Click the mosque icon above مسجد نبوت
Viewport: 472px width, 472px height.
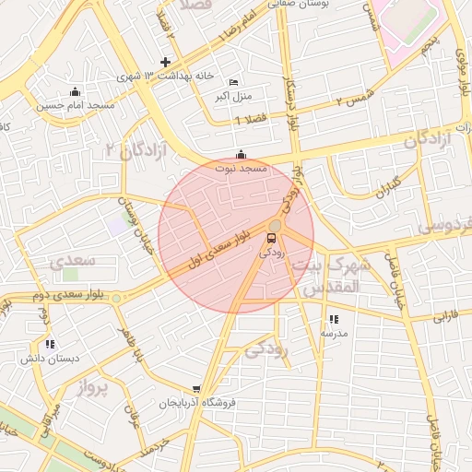click(241, 153)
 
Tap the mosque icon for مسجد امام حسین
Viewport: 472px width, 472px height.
click(76, 91)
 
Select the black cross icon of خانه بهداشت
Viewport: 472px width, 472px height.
click(165, 63)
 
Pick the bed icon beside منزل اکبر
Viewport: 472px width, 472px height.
click(231, 82)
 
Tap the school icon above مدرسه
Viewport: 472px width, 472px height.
click(332, 320)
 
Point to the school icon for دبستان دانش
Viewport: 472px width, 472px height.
click(49, 344)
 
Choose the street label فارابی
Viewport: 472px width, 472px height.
click(445, 315)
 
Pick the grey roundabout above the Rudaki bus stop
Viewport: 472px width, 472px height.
click(275, 225)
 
